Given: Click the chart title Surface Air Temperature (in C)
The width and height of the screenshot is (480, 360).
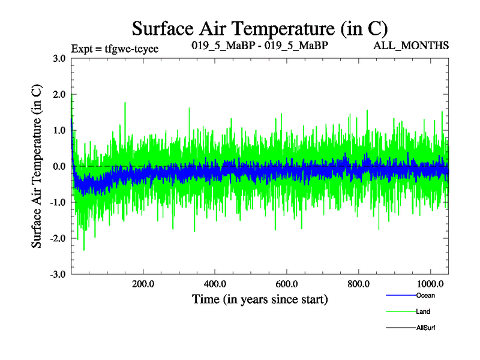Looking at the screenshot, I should pos(260,28).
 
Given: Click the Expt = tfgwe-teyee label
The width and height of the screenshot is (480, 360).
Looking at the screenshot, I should pos(115,49).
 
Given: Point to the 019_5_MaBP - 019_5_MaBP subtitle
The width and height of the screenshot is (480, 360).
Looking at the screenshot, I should pos(259,46).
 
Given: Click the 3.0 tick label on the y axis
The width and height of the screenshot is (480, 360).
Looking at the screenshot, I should pos(59,58).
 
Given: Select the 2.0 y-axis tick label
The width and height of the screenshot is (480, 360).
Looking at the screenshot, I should pos(59,94).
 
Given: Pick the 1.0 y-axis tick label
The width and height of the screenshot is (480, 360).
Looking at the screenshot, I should pos(59,130).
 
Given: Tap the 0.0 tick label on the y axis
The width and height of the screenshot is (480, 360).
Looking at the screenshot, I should pos(59,166).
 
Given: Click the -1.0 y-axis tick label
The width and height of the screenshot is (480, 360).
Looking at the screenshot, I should pos(58,202).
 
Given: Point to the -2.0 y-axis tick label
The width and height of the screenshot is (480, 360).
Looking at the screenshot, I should pos(58,238).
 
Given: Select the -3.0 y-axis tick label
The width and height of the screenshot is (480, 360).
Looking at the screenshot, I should pos(58,274).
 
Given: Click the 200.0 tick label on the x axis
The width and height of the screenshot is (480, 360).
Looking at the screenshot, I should pos(143,283).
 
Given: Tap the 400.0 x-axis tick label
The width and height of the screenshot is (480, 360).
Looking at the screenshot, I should pos(215,283).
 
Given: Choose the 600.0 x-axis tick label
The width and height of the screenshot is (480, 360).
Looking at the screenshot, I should pos(286,283).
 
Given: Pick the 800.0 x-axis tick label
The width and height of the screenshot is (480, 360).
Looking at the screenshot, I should pos(358,283).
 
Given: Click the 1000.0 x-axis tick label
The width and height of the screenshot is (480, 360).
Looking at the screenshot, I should pos(430,283).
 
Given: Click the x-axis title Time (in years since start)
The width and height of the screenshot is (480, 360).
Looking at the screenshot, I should pos(260,298).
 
